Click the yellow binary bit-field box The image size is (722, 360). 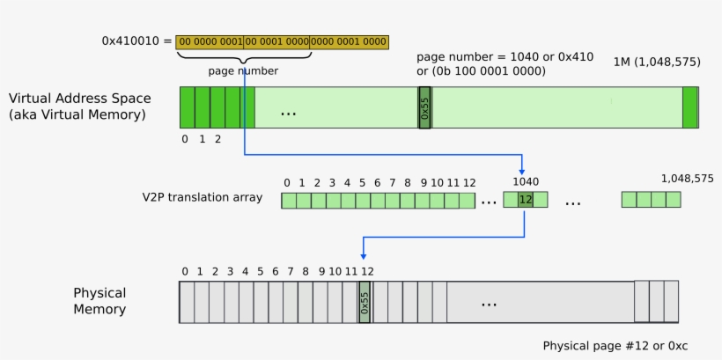pyautogui.click(x=282, y=41)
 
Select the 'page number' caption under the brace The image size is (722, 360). pyautogui.click(x=243, y=70)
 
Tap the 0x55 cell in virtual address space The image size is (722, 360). pyautogui.click(x=424, y=107)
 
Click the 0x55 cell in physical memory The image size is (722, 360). pyautogui.click(x=365, y=302)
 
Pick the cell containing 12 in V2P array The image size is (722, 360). pyautogui.click(x=525, y=200)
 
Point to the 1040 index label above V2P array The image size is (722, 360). pyautogui.click(x=526, y=181)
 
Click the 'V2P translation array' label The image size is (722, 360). pyautogui.click(x=202, y=197)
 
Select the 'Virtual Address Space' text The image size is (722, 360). pyautogui.click(x=79, y=99)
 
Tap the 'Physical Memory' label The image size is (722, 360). pyautogui.click(x=99, y=301)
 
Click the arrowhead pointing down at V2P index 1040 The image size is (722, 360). pyautogui.click(x=523, y=170)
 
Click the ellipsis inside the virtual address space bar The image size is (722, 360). pyautogui.click(x=288, y=113)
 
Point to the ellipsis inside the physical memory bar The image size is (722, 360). pyautogui.click(x=489, y=303)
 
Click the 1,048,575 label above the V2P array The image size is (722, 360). pyautogui.click(x=687, y=179)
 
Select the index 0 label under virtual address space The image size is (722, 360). pyautogui.click(x=185, y=139)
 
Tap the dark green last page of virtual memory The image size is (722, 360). pyautogui.click(x=689, y=107)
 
